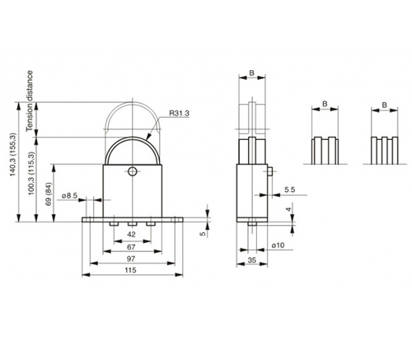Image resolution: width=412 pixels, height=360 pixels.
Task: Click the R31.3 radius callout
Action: coord(179,113)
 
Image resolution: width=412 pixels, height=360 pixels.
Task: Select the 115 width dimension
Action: coord(130,270)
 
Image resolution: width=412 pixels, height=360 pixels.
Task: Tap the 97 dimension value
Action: coord(131,259)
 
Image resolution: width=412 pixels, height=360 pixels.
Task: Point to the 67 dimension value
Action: coord(131,247)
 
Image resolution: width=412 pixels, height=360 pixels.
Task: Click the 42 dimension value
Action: coord(132,234)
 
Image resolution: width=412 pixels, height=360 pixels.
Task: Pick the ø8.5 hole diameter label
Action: coord(70,195)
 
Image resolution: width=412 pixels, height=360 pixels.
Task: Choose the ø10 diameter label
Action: coord(278,245)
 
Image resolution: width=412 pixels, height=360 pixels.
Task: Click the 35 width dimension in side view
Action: coord(252,260)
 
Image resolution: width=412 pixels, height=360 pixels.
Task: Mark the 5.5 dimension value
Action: coord(289,189)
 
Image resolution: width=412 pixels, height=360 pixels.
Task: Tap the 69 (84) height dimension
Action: coord(49,194)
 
